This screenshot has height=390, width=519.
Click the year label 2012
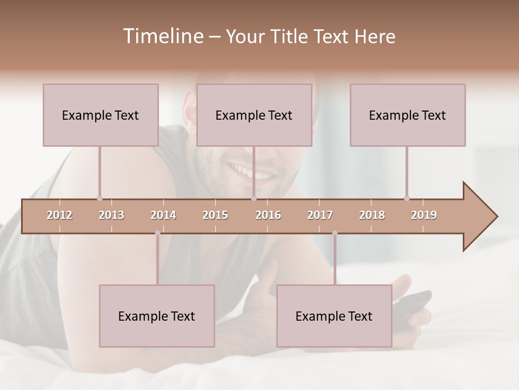pyautogui.click(x=59, y=215)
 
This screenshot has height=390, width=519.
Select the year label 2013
pyautogui.click(x=111, y=215)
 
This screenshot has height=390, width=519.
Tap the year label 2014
pyautogui.click(x=163, y=215)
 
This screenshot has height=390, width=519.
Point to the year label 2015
pyautogui.click(x=215, y=215)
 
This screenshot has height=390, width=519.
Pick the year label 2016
pyautogui.click(x=268, y=215)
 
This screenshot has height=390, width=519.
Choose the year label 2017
pyautogui.click(x=320, y=215)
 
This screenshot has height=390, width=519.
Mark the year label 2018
pyautogui.click(x=372, y=215)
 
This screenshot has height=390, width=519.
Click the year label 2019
pyautogui.click(x=424, y=215)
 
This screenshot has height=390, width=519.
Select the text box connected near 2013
pyautogui.click(x=101, y=115)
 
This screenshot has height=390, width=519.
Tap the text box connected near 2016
pyautogui.click(x=254, y=115)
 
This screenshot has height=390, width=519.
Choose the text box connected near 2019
pyautogui.click(x=408, y=115)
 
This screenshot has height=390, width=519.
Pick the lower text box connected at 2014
pyautogui.click(x=157, y=316)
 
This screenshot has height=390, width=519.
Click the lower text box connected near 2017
pyautogui.click(x=334, y=316)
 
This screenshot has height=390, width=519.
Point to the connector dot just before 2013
pyautogui.click(x=99, y=198)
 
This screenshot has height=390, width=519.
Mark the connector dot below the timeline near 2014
pyautogui.click(x=157, y=233)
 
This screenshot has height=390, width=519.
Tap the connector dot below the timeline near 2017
pyautogui.click(x=335, y=233)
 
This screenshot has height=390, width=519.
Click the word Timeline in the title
pyautogui.click(x=162, y=36)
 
